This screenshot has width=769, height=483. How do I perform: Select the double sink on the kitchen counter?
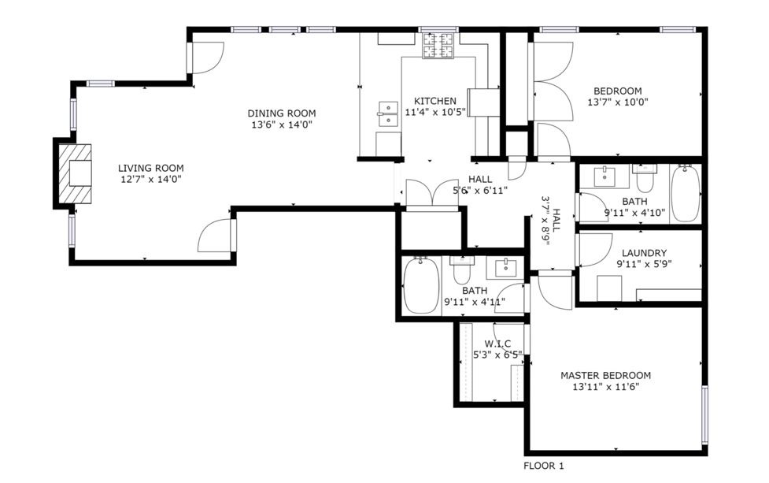coord(388,114)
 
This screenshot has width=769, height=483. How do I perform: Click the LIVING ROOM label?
coord(151,168)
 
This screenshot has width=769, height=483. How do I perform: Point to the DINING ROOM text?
coord(283,113)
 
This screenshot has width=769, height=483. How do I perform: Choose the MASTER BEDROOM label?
coord(605,375)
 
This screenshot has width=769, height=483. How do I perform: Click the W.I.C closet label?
coord(497,344)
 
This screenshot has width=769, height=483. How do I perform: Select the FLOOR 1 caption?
coord(544,466)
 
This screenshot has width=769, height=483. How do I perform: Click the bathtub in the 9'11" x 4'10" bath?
coord(685,194)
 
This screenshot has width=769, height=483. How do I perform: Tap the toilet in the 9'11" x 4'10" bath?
coord(645,180)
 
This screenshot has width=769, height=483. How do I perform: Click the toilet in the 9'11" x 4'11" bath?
coord(461,270)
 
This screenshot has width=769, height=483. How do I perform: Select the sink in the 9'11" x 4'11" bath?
coord(503,268)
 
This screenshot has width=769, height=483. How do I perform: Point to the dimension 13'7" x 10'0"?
coord(618,102)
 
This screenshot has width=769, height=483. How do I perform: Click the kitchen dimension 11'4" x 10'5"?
coord(435,113)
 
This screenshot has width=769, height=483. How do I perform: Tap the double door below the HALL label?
coord(431,194)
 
